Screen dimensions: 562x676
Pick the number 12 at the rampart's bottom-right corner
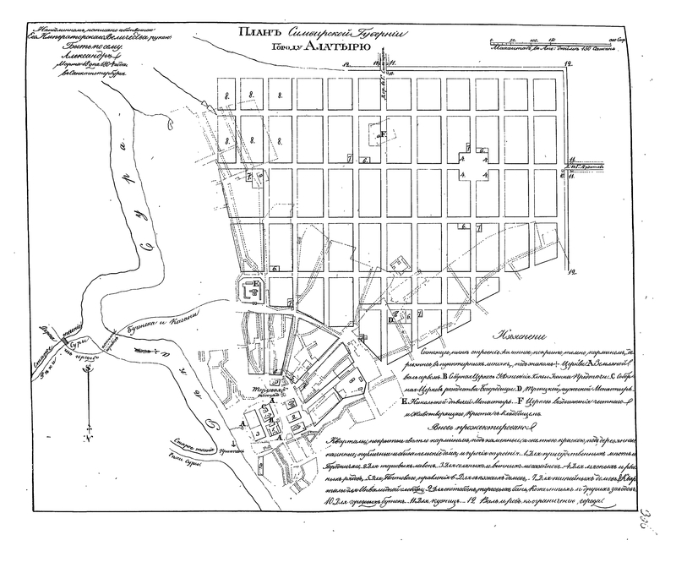click(x=571, y=273)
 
